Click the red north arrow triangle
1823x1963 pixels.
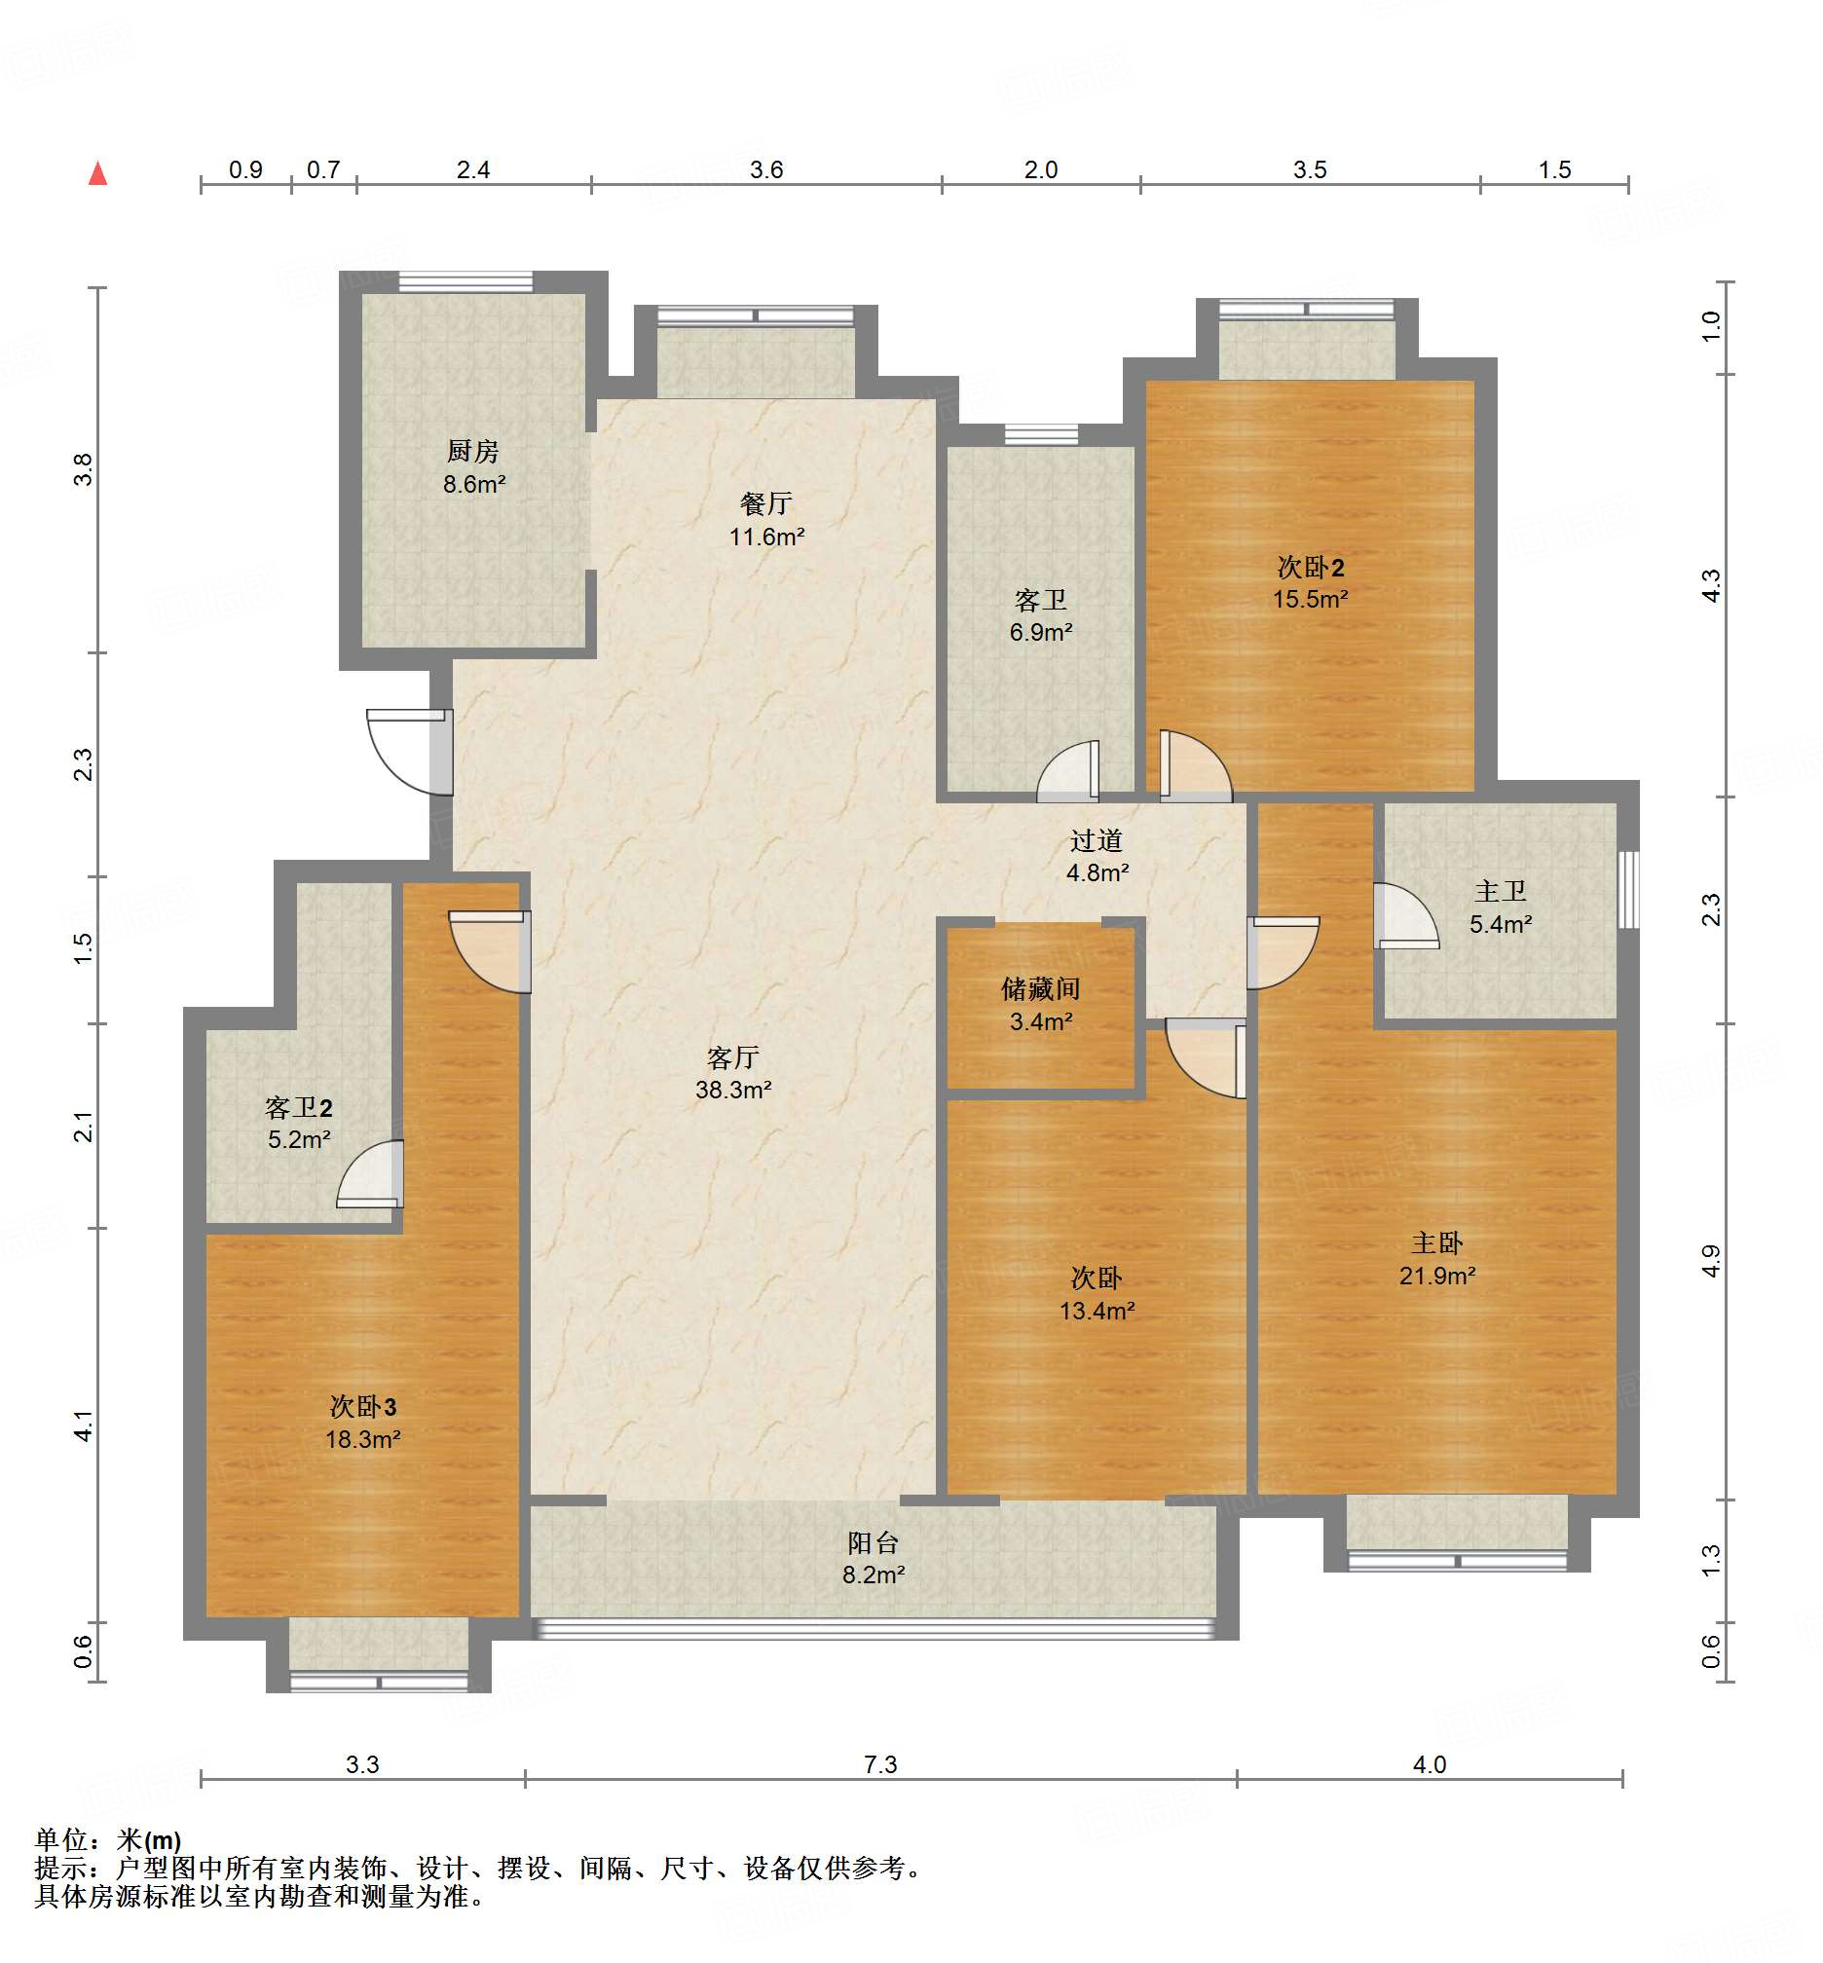pos(97,173)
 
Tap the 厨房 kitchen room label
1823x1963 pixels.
pos(472,451)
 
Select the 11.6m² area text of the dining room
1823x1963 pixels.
pos(766,537)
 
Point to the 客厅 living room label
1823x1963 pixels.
pos(733,1057)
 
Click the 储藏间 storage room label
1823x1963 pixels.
pos(1041,988)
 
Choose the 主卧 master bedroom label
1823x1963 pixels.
pos(1436,1242)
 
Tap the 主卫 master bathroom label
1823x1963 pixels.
pos(1501,892)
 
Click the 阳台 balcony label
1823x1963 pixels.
pos(873,1542)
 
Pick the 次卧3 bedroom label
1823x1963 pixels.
pos(363,1407)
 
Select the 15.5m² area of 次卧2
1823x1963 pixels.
pos(1310,599)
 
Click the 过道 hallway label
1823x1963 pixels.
pos(1096,840)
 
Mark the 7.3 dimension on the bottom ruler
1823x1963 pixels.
pos(880,1763)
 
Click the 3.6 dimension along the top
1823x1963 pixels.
pos(766,169)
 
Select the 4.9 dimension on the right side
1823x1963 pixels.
pos(1712,1262)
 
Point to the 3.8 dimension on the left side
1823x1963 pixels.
pos(84,468)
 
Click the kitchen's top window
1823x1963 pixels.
pos(465,281)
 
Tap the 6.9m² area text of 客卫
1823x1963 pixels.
pos(1041,632)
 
